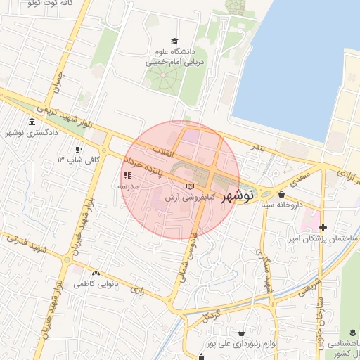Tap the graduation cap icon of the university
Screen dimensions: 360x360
click(174, 41)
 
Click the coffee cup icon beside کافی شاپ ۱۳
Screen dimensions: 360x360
click(79, 149)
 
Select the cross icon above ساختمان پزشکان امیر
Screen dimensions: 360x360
click(323, 227)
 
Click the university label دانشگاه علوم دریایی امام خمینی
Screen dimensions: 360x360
click(174, 56)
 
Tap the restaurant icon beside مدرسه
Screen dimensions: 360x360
click(127, 175)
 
